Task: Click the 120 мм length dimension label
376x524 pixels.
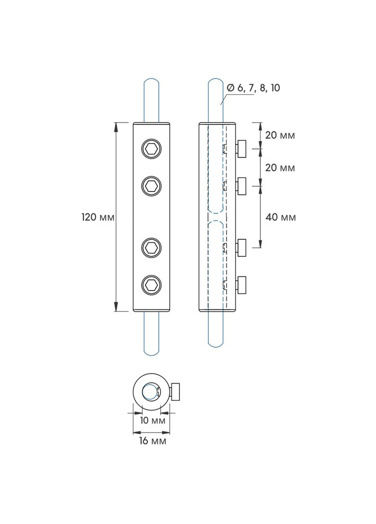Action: [x=98, y=217]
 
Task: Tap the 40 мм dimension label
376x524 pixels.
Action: [x=280, y=217]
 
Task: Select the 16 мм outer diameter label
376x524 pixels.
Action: [x=153, y=441]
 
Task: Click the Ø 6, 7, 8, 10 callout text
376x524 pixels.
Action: [x=253, y=88]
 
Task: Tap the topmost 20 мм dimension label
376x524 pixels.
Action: [x=280, y=135]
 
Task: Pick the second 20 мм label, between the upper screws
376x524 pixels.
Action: [x=280, y=168]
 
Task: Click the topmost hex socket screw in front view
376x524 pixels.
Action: [x=152, y=149]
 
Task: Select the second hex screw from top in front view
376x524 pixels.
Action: [x=152, y=186]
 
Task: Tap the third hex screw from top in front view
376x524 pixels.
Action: [x=152, y=248]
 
